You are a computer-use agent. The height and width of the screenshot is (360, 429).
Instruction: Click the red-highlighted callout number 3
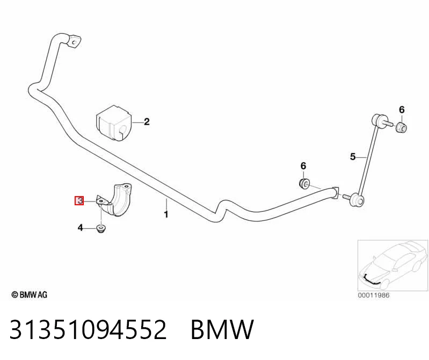pos(79,200)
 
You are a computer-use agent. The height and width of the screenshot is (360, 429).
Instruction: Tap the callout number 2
pos(147,121)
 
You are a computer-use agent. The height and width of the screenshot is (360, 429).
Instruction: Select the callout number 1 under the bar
pos(166,214)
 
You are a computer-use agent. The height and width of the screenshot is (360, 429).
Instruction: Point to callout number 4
pos(80,227)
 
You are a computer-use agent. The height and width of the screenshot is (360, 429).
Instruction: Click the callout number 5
pos(353,156)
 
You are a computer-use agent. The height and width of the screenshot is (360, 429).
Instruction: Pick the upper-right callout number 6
pos(402,110)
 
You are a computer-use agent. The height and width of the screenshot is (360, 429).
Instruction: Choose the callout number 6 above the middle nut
pos(303,166)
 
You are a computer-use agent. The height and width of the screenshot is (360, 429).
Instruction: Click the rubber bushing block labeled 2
pos(113,123)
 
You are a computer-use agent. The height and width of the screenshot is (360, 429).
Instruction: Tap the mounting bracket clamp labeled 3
pos(115,200)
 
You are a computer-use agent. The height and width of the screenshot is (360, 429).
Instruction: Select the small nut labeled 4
pos(102,229)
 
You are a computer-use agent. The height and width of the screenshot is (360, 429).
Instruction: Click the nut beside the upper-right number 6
pos(402,127)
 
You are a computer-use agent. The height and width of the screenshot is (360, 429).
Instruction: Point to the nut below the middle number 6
pos(304,183)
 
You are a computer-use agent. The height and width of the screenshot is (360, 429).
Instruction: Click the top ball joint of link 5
pos(377,120)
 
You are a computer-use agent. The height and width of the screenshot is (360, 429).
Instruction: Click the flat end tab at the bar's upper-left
pos(74,41)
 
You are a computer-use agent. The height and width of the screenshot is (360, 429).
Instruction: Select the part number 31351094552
pos(88,329)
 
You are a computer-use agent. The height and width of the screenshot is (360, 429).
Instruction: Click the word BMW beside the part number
pos(222,329)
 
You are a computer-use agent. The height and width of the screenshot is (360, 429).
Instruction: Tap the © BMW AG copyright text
pos(30,295)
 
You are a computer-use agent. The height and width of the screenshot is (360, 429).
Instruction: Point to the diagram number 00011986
pos(374,295)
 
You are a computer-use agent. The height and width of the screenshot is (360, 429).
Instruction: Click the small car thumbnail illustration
pos(393,265)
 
